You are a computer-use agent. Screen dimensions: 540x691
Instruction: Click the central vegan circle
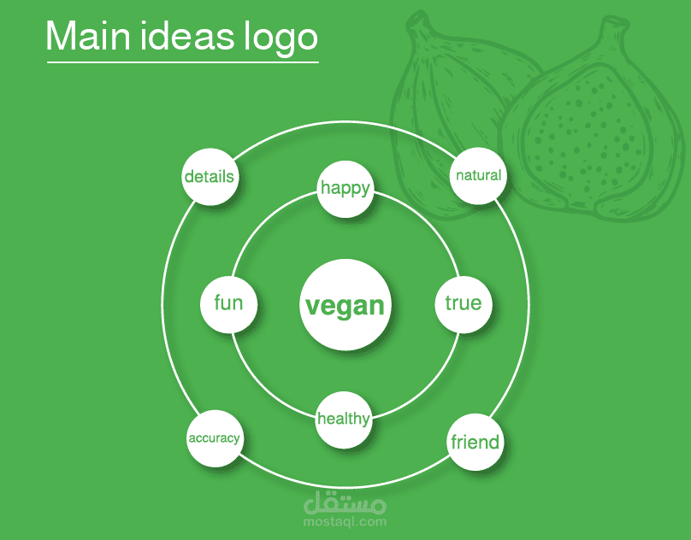click(x=345, y=305)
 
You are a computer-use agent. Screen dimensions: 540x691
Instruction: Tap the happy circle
click(x=345, y=187)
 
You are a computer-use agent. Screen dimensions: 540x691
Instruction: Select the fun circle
click(x=228, y=303)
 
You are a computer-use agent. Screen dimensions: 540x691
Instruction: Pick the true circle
click(x=463, y=303)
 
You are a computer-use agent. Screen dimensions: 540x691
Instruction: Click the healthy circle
click(x=344, y=419)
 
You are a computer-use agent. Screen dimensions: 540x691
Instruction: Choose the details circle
click(x=210, y=177)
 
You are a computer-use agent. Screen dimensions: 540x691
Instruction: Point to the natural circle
click(x=478, y=176)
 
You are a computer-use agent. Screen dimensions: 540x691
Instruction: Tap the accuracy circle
click(x=214, y=438)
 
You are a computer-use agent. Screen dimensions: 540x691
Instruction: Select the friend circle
click(x=475, y=442)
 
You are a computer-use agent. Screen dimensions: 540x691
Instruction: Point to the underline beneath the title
click(x=182, y=62)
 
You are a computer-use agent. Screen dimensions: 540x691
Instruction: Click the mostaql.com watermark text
click(x=345, y=521)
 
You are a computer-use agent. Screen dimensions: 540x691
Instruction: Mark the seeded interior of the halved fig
click(x=582, y=137)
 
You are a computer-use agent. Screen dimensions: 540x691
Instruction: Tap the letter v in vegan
click(x=312, y=306)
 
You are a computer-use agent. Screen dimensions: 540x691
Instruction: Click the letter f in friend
click(x=453, y=442)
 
